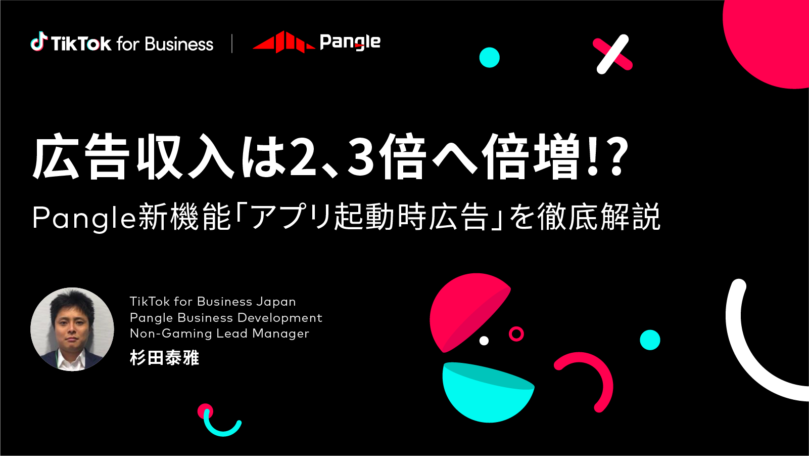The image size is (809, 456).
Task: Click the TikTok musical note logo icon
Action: (39, 41)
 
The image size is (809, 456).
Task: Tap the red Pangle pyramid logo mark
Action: (284, 42)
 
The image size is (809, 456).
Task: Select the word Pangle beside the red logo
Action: (350, 43)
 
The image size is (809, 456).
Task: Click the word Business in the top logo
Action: (179, 44)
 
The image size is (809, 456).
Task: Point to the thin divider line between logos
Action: (232, 44)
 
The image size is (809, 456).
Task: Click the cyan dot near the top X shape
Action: (489, 58)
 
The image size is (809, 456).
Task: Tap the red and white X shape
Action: (612, 54)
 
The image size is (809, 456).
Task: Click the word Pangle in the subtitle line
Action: (84, 218)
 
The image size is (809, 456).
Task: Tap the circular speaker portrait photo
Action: (72, 329)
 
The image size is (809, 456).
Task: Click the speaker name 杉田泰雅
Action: (164, 358)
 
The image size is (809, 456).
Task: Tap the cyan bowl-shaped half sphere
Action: (488, 392)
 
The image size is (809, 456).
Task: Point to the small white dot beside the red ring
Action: (484, 340)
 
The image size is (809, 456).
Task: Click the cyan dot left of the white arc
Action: (650, 340)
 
